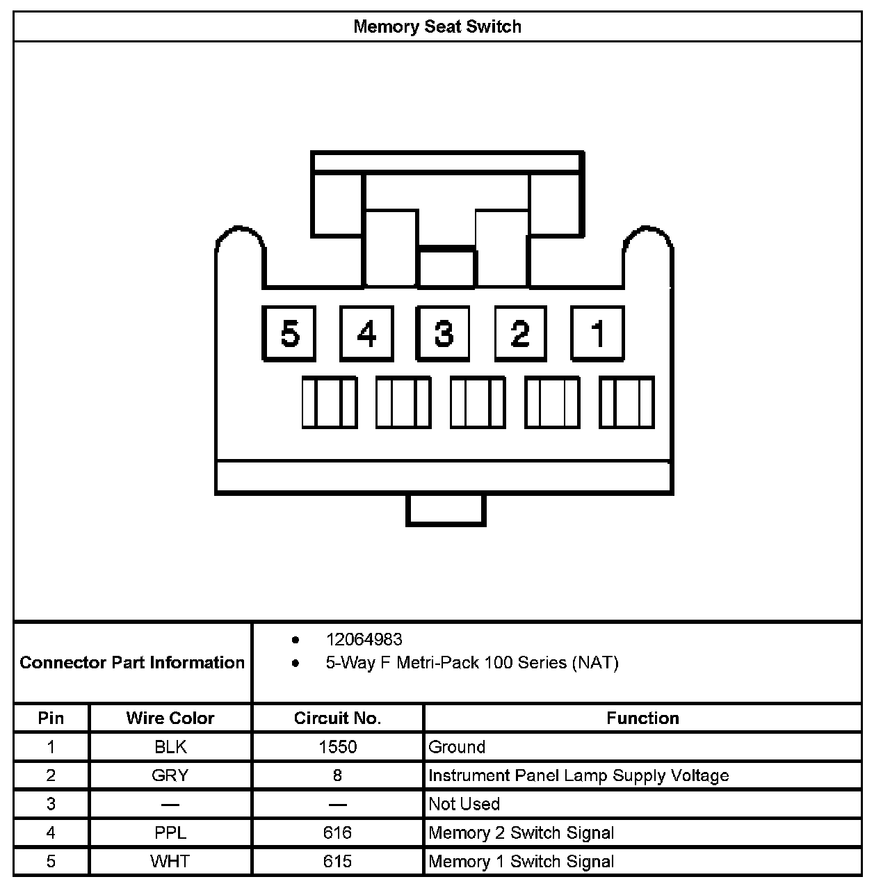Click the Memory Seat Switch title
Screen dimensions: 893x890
coord(437,27)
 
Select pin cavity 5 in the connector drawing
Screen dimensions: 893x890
coord(289,334)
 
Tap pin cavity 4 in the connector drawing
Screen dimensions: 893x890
coord(366,334)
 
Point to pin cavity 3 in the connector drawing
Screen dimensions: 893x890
coord(443,334)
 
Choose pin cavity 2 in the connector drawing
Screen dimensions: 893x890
coord(520,334)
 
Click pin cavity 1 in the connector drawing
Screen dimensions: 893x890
coord(597,334)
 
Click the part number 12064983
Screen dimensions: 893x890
coord(364,640)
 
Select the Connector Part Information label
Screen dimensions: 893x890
coord(132,662)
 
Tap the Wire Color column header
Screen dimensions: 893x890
coord(170,718)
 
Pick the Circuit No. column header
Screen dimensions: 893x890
coord(337,718)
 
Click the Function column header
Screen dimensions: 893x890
coord(642,718)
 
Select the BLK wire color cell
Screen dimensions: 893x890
coord(170,747)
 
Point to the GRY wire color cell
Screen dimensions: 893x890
coord(170,775)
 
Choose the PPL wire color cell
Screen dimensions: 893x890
coord(170,832)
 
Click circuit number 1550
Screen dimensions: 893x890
coord(337,747)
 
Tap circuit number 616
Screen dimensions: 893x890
coord(337,832)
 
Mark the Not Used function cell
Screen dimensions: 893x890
coord(464,804)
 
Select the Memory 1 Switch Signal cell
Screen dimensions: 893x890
coord(521,862)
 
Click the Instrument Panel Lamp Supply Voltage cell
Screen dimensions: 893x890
coord(578,775)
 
